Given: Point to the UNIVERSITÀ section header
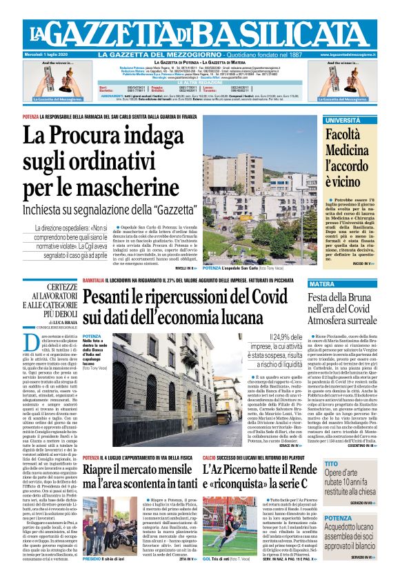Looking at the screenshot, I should (343, 121).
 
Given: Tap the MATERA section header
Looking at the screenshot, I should (341, 284).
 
